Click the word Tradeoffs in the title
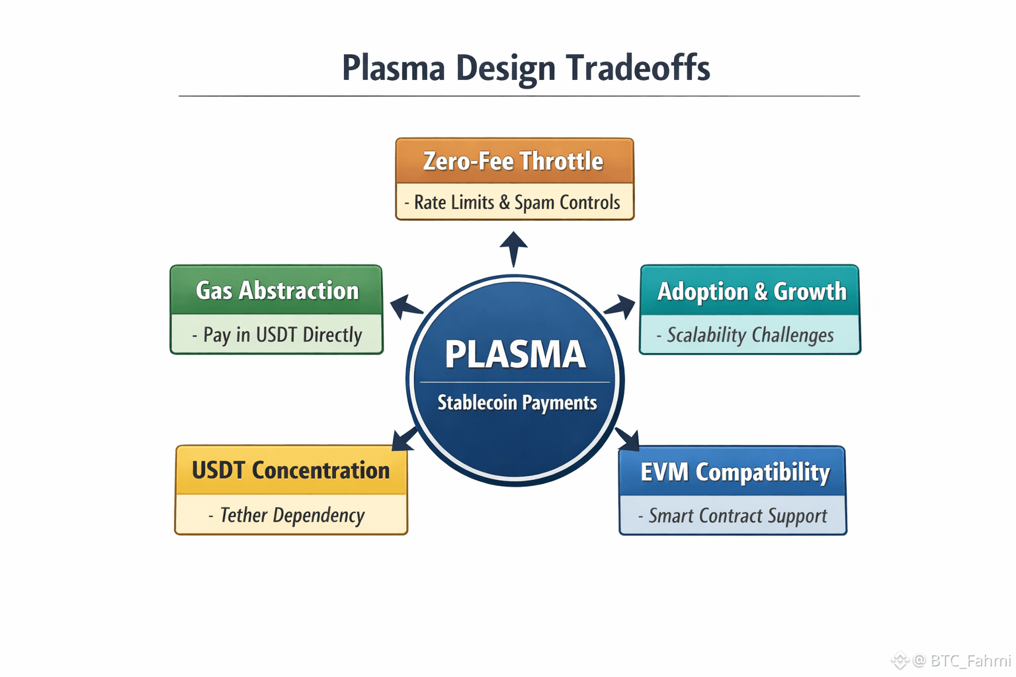tap(638, 68)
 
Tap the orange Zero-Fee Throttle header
tap(513, 161)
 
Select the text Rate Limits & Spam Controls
tap(517, 202)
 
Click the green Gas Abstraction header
tap(277, 291)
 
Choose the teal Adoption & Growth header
tap(751, 292)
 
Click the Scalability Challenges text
tap(750, 335)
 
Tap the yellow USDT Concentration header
tap(291, 471)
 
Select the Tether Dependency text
tap(292, 515)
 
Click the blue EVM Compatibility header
tap(735, 472)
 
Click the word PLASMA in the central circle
tap(515, 354)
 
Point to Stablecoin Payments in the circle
tap(517, 403)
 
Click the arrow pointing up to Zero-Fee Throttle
tap(514, 247)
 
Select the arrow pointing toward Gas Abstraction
tap(405, 307)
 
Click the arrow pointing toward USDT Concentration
tap(404, 439)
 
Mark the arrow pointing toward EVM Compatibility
tap(628, 438)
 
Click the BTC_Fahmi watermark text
tap(970, 660)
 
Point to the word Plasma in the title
tap(394, 68)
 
